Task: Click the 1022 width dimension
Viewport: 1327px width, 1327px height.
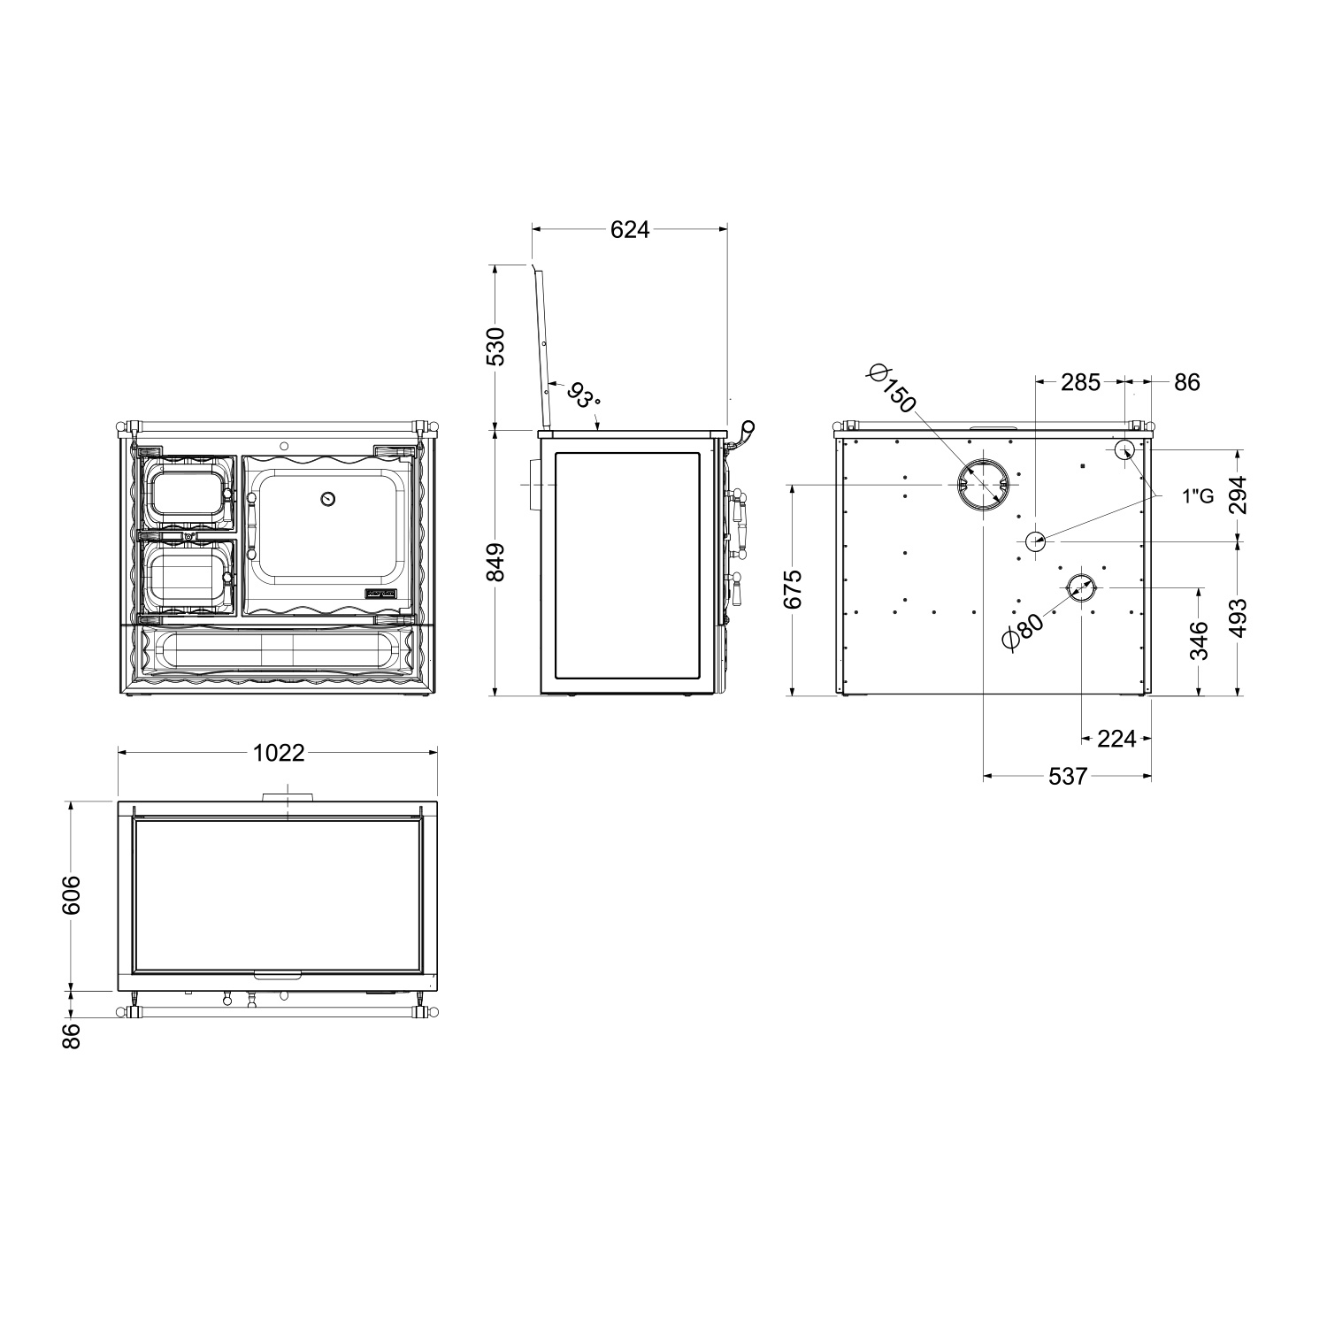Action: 279,753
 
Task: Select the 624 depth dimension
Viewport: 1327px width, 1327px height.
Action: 630,230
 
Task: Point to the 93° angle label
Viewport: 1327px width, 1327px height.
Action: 583,395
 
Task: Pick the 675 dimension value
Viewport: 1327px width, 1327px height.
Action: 793,588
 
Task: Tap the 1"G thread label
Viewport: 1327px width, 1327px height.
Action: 1197,496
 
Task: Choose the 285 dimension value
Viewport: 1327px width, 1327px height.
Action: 1080,382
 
